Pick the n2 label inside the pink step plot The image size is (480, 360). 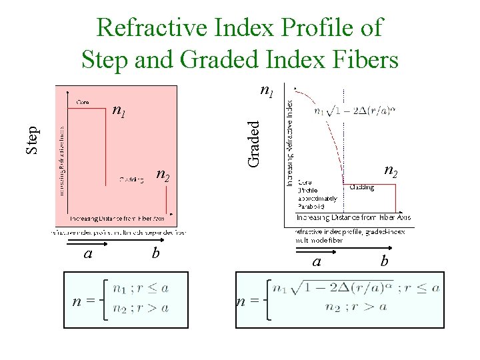tap(163, 175)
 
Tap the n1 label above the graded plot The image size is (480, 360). tap(266, 90)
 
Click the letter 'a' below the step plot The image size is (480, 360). tap(87, 253)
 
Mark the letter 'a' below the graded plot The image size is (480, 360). tap(317, 261)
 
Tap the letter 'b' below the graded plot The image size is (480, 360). tap(384, 261)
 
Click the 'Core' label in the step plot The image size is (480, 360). tap(83, 102)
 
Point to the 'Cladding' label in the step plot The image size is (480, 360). tap(131, 179)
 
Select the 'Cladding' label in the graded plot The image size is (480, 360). tap(361, 187)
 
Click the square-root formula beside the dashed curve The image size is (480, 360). tap(355, 111)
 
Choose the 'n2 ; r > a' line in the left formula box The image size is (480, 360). tap(140, 308)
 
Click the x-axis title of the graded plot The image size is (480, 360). tap(353, 217)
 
